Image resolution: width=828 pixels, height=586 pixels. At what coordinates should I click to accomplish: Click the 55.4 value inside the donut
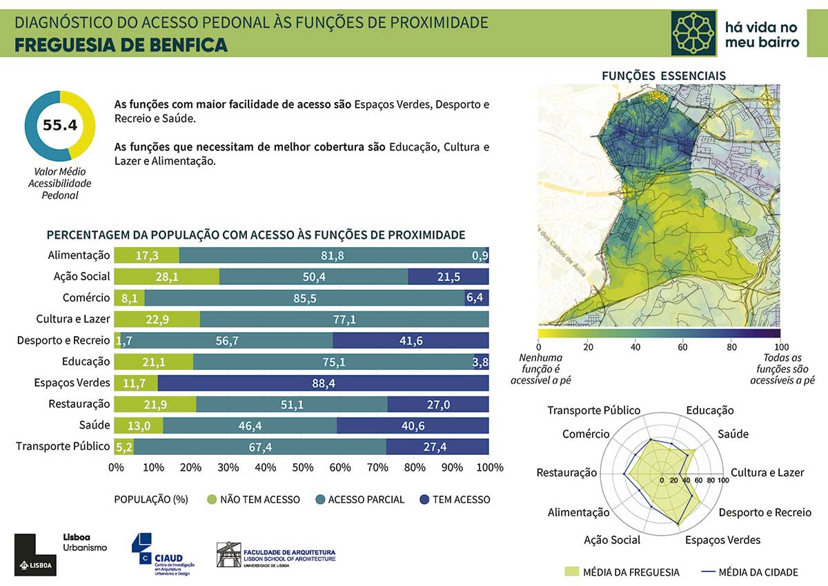[x=59, y=125]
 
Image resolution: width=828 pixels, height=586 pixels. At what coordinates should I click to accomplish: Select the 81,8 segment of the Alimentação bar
[x=332, y=255]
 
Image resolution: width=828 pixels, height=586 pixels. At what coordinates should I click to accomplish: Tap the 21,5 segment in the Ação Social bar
[x=448, y=277]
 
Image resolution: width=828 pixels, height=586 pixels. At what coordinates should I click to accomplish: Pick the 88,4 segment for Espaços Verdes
[x=323, y=383]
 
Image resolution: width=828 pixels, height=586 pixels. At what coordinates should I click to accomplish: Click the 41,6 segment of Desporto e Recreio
[x=411, y=340]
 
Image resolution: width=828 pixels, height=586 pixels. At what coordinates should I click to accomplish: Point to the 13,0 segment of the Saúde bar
[x=138, y=426]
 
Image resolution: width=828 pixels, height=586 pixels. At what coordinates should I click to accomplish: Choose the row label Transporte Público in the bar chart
[x=63, y=447]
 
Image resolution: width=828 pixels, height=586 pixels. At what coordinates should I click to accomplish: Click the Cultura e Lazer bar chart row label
[x=73, y=319]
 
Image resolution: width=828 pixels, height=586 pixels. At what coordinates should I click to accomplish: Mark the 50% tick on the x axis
[x=303, y=467]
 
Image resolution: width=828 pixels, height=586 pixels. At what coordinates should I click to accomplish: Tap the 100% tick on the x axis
[x=490, y=467]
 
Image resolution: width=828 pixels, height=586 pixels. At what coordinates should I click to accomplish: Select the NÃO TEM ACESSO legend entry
[x=259, y=499]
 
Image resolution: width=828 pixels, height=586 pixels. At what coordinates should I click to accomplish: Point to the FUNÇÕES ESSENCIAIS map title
[x=664, y=75]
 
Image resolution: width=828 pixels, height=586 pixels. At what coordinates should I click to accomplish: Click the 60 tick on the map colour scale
[x=683, y=346]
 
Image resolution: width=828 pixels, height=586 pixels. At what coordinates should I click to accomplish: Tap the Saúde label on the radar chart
[x=733, y=434]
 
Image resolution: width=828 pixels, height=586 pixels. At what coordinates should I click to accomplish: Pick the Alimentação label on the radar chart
[x=578, y=512]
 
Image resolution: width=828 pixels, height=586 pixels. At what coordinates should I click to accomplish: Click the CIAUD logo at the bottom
[x=163, y=553]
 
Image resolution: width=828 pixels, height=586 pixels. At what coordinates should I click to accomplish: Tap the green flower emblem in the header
[x=694, y=33]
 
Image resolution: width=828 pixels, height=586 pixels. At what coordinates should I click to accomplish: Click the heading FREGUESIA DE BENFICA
[x=121, y=45]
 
